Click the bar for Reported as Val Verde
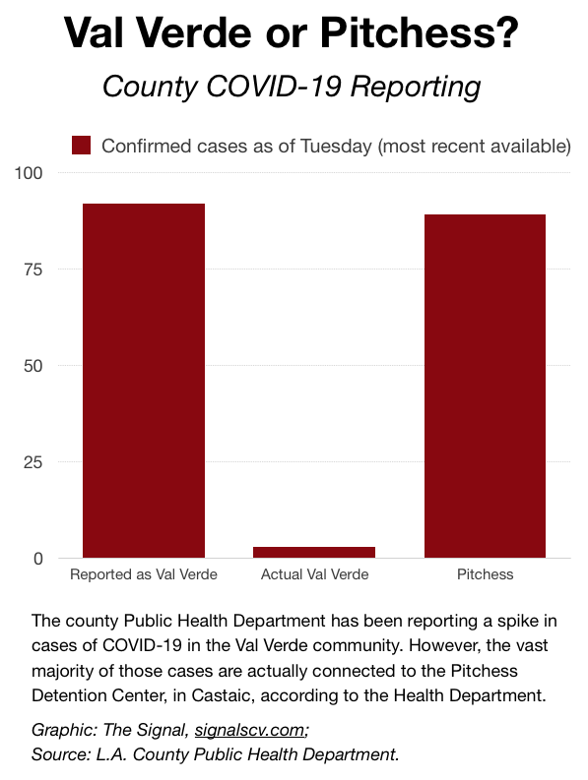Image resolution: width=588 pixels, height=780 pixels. (x=144, y=381)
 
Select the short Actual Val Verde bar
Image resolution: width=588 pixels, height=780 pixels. (x=314, y=552)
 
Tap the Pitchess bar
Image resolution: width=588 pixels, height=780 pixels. (x=485, y=386)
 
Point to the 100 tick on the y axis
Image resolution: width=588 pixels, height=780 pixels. (x=29, y=173)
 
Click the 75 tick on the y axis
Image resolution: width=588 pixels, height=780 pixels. (x=33, y=270)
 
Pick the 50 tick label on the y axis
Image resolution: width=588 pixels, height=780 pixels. (x=33, y=366)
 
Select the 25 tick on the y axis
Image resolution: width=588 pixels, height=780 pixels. (x=33, y=462)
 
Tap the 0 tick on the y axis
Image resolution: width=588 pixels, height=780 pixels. (x=38, y=559)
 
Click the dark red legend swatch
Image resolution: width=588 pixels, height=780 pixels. (x=81, y=146)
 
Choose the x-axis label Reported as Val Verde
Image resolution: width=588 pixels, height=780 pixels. (x=144, y=574)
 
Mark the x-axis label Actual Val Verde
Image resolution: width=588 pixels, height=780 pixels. (x=314, y=574)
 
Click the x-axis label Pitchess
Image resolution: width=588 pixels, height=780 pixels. (x=485, y=574)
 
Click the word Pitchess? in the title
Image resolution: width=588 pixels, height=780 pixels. (x=419, y=32)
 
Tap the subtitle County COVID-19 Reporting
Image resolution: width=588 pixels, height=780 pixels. (x=292, y=87)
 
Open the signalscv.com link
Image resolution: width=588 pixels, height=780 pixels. (x=249, y=730)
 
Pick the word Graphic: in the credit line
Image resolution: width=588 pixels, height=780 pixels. (x=64, y=730)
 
